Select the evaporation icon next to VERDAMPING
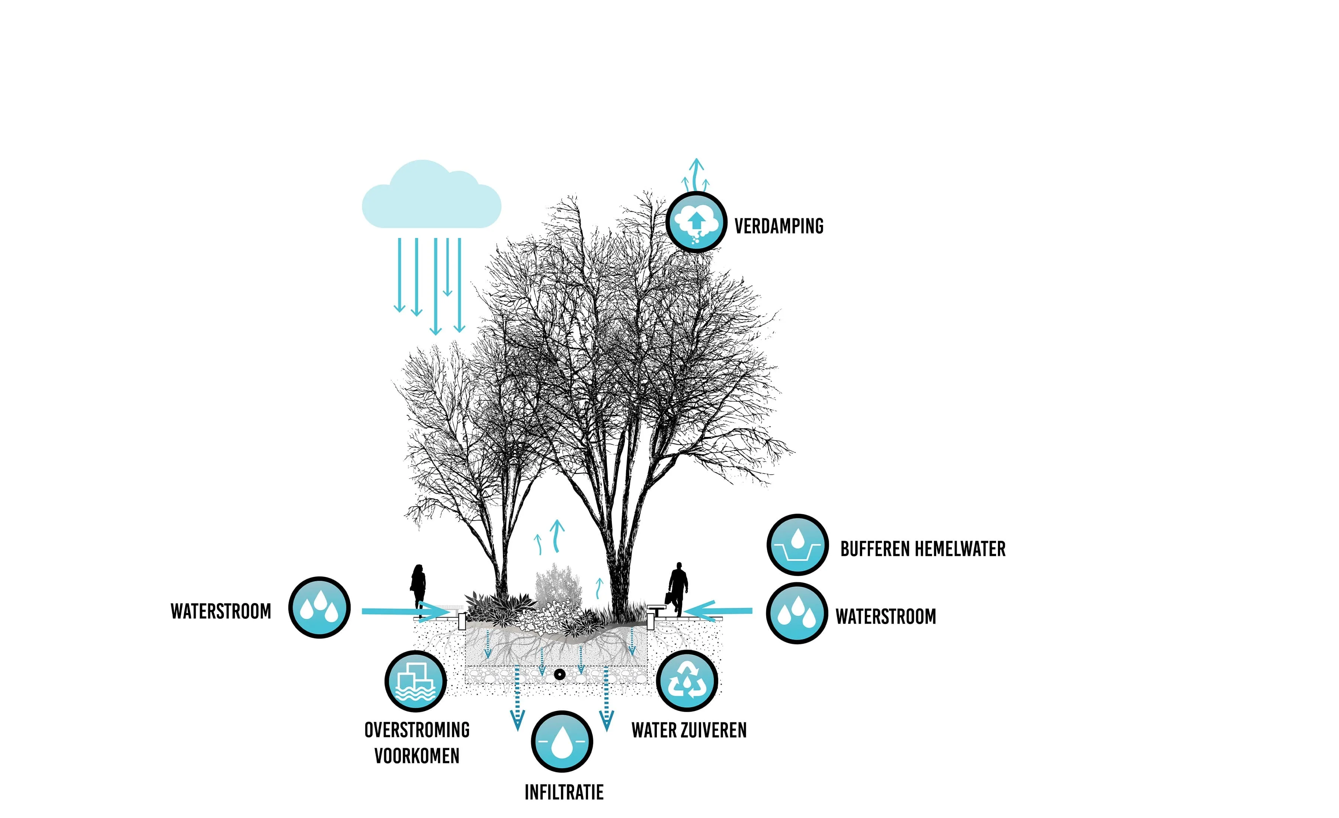[696, 222]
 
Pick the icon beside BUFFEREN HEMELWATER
[797, 545]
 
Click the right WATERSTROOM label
[885, 616]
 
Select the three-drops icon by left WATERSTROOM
[319, 607]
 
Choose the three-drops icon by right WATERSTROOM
[797, 613]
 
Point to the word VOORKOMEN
[417, 756]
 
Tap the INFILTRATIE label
[563, 792]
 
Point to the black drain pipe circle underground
[559, 674]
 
